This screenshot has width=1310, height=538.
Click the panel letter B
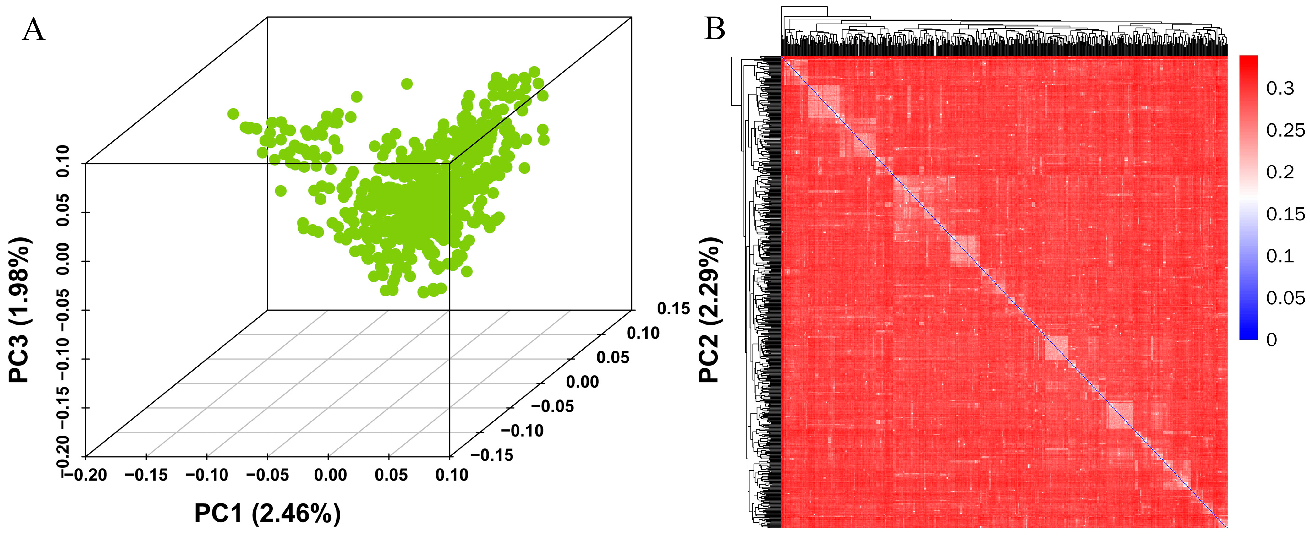coord(715,29)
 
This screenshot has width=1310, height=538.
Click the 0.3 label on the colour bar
coord(1280,89)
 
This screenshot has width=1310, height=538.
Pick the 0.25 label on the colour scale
coord(1285,131)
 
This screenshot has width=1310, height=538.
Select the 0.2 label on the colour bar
coord(1280,172)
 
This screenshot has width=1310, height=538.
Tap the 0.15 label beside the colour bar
coord(1285,214)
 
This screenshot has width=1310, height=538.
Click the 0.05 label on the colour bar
coord(1285,297)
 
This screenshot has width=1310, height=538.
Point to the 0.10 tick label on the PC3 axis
coord(63,161)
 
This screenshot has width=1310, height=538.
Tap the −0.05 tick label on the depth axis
coord(552,406)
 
